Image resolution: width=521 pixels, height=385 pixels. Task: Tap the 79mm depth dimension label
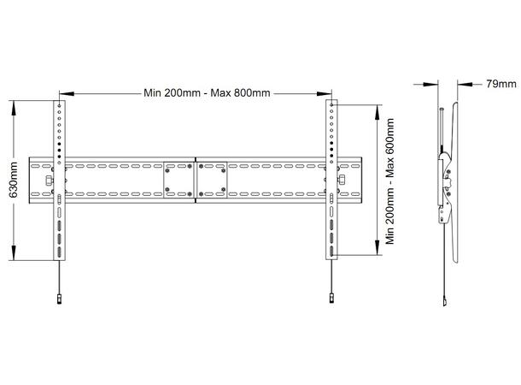(x=501, y=84)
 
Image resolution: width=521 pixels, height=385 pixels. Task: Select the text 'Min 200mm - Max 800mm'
(x=196, y=92)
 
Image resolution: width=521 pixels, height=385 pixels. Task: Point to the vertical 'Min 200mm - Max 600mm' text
(x=391, y=181)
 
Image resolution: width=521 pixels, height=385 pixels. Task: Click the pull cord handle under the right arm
(x=331, y=299)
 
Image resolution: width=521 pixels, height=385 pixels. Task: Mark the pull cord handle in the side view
(x=445, y=300)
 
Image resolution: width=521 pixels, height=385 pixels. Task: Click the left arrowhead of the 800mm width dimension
(x=64, y=92)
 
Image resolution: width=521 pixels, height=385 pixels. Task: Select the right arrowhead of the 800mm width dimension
(x=327, y=92)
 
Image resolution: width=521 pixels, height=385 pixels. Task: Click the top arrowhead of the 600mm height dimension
(x=377, y=110)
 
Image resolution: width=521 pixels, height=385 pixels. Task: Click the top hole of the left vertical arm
(x=59, y=108)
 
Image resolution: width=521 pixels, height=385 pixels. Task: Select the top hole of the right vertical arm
(x=330, y=108)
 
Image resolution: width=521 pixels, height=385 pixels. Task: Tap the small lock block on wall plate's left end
(x=48, y=181)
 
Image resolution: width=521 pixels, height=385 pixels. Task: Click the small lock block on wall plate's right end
(x=342, y=181)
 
